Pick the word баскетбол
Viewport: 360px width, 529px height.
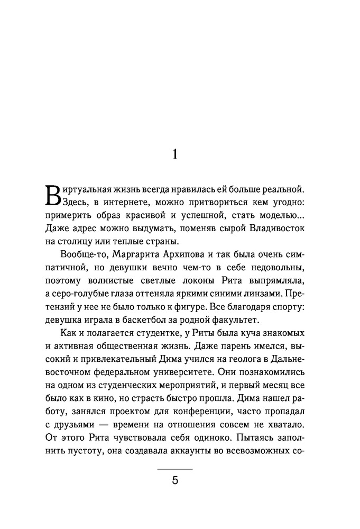(x=157, y=319)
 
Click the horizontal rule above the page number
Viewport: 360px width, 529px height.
(x=176, y=469)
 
